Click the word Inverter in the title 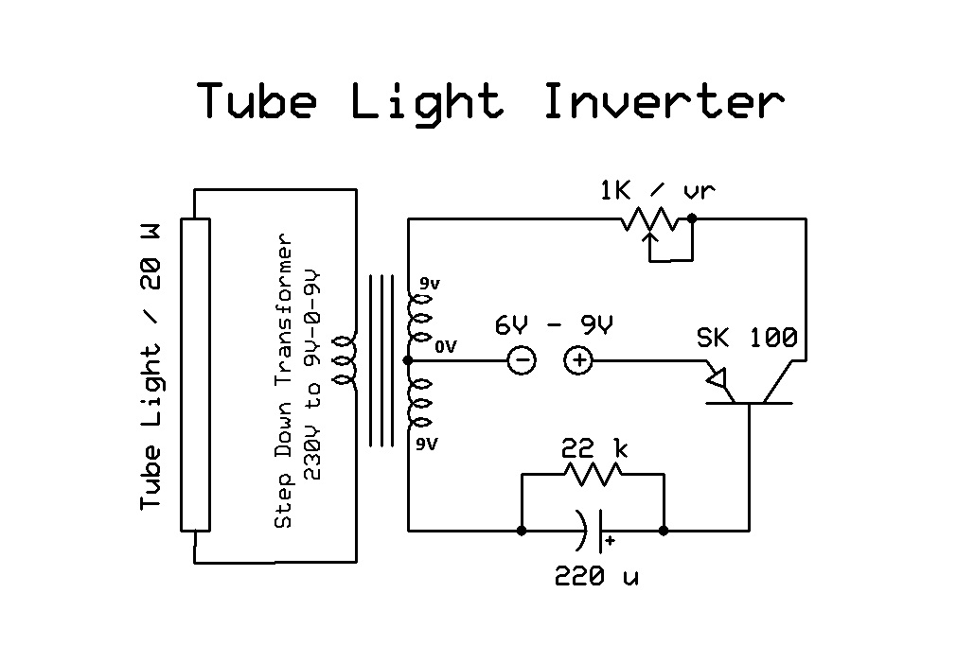664,100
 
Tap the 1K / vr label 657,190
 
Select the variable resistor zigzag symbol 650,220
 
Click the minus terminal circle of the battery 522,360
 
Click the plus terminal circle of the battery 578,360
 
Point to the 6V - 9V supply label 554,325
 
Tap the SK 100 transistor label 747,337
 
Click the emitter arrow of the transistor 718,379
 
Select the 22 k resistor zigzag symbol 593,475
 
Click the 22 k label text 593,448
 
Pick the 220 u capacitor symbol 593,531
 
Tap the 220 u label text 595,575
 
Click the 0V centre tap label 445,347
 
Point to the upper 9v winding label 429,282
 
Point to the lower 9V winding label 428,444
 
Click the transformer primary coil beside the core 347,361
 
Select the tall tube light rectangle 196,375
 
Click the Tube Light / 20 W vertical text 151,369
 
